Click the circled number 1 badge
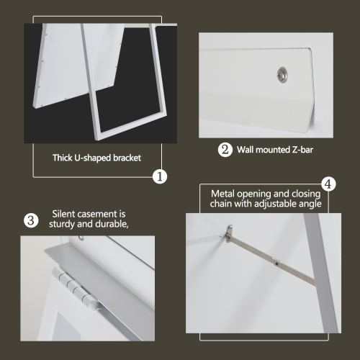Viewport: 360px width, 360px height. tap(161, 176)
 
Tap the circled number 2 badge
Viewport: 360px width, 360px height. tap(225, 150)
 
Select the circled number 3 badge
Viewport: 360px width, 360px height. tap(31, 220)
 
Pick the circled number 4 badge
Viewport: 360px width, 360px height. tap(328, 184)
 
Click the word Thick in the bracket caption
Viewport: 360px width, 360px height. tap(64, 158)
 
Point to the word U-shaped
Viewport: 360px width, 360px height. tap(96, 158)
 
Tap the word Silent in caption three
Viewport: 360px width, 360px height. tap(65, 214)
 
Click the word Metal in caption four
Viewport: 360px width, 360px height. tap(223, 194)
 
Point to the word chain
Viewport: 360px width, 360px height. tap(225, 204)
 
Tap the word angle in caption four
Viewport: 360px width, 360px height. tap(312, 204)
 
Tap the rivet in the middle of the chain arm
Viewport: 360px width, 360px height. tap(276, 264)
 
